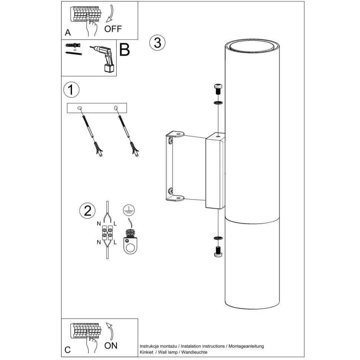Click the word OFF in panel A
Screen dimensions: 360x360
tap(113, 29)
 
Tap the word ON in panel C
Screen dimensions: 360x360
tap(111, 346)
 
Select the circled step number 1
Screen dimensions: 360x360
tap(71, 89)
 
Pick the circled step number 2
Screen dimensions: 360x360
tap(88, 210)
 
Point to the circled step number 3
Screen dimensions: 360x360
tap(157, 43)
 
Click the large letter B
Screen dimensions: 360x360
tap(125, 50)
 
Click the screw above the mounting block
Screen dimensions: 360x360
tap(218, 89)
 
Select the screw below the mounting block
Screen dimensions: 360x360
tap(218, 251)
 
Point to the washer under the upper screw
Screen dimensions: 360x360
tap(218, 102)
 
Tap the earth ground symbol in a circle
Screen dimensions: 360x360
tap(129, 210)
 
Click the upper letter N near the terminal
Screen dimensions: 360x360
tap(99, 224)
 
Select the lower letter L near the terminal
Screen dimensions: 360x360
tap(115, 242)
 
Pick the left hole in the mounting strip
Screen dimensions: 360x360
tap(80, 108)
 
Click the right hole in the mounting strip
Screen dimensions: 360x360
tap(116, 108)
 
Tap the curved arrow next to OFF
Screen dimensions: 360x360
tap(111, 14)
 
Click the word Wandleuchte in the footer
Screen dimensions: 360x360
tap(194, 352)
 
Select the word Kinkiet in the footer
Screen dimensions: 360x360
tap(147, 352)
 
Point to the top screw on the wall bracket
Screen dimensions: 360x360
tap(170, 141)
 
